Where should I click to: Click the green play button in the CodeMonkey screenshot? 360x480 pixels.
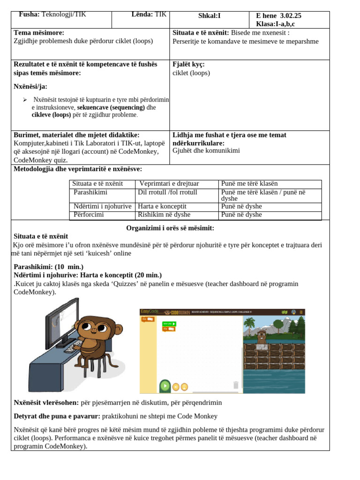coord(165,386)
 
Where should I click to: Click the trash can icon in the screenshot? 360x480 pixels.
coord(236,385)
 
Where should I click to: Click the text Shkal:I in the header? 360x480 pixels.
coord(209,15)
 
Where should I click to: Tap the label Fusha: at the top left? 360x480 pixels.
coord(29,15)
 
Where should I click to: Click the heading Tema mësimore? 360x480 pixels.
coord(39,32)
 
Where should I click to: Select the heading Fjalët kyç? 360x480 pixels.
coord(188,64)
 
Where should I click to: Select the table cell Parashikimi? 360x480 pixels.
coord(90,192)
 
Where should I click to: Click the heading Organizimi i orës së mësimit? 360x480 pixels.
coord(170,228)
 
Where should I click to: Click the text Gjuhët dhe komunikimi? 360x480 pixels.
coord(206,150)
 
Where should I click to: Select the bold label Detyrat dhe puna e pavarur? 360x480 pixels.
coord(57,416)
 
